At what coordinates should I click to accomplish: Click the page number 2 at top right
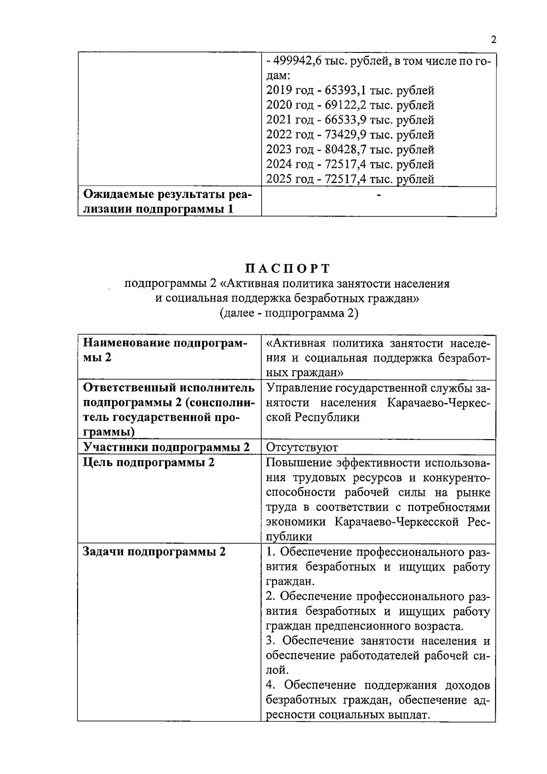(x=493, y=39)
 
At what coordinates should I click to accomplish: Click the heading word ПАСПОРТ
(x=287, y=268)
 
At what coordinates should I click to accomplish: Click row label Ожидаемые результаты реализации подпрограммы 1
(x=167, y=202)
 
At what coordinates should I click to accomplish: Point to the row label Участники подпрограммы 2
(x=166, y=447)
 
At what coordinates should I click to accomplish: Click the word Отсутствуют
(x=301, y=447)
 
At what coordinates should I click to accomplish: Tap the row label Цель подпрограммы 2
(x=149, y=462)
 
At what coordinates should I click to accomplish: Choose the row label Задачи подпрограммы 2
(x=154, y=552)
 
